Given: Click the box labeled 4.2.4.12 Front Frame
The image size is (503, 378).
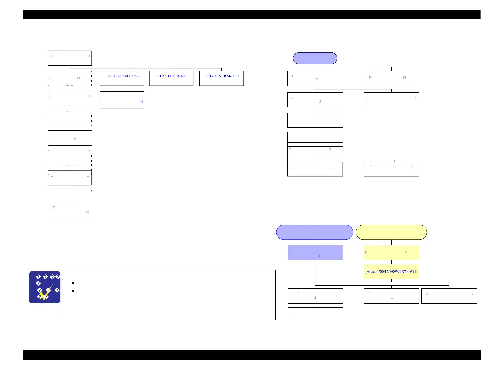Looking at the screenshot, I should [122, 78].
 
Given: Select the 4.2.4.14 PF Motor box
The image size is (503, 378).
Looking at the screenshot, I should [171, 78].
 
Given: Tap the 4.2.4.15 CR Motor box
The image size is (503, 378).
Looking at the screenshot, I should [221, 78].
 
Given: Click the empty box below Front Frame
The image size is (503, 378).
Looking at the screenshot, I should [122, 100].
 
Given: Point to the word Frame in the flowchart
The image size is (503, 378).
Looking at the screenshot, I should [133, 76].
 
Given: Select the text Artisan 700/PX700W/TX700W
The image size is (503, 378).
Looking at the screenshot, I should [390, 272].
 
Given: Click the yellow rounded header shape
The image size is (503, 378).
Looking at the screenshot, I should [391, 232].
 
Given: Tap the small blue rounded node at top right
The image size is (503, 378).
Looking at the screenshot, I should [315, 58].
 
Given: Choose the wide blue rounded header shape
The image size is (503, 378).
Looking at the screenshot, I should [314, 232].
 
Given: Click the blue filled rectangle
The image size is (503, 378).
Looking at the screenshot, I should [315, 253].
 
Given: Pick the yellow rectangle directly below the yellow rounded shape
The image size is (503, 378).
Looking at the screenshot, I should [391, 253].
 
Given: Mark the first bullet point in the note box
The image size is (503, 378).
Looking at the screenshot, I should [73, 283].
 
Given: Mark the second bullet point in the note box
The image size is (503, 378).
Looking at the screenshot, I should [73, 291].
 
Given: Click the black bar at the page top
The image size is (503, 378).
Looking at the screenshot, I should [251, 15].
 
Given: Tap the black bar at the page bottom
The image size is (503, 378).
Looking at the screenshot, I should [251, 355].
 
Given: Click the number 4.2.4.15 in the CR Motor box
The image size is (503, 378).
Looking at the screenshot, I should [215, 76].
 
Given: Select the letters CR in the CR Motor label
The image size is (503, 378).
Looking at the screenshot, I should [224, 76].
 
